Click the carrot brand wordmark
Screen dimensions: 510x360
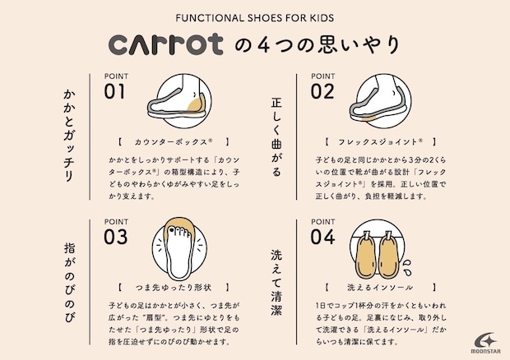tap(165, 44)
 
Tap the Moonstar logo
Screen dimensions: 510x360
tap(485, 343)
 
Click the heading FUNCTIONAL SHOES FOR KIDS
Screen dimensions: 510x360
tap(255, 18)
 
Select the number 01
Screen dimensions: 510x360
tap(114, 91)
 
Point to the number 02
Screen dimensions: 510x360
tap(322, 91)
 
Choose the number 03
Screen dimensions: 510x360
tap(115, 238)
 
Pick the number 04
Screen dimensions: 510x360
tap(322, 238)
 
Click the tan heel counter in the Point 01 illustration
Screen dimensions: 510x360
tap(196, 104)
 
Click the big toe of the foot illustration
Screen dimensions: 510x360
tap(172, 230)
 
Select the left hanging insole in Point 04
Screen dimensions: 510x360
tap(366, 255)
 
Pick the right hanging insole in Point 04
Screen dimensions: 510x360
tap(388, 255)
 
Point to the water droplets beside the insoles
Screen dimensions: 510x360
tap(406, 267)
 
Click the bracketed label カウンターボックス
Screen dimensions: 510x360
tap(174, 142)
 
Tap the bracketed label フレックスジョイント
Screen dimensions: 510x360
tap(381, 142)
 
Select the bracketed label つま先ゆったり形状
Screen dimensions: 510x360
tap(174, 288)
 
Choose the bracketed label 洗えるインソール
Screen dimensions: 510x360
tap(381, 288)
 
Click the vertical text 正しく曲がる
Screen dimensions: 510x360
tap(276, 137)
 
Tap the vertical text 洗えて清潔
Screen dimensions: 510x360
tap(276, 283)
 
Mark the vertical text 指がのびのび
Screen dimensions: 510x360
tap(69, 283)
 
